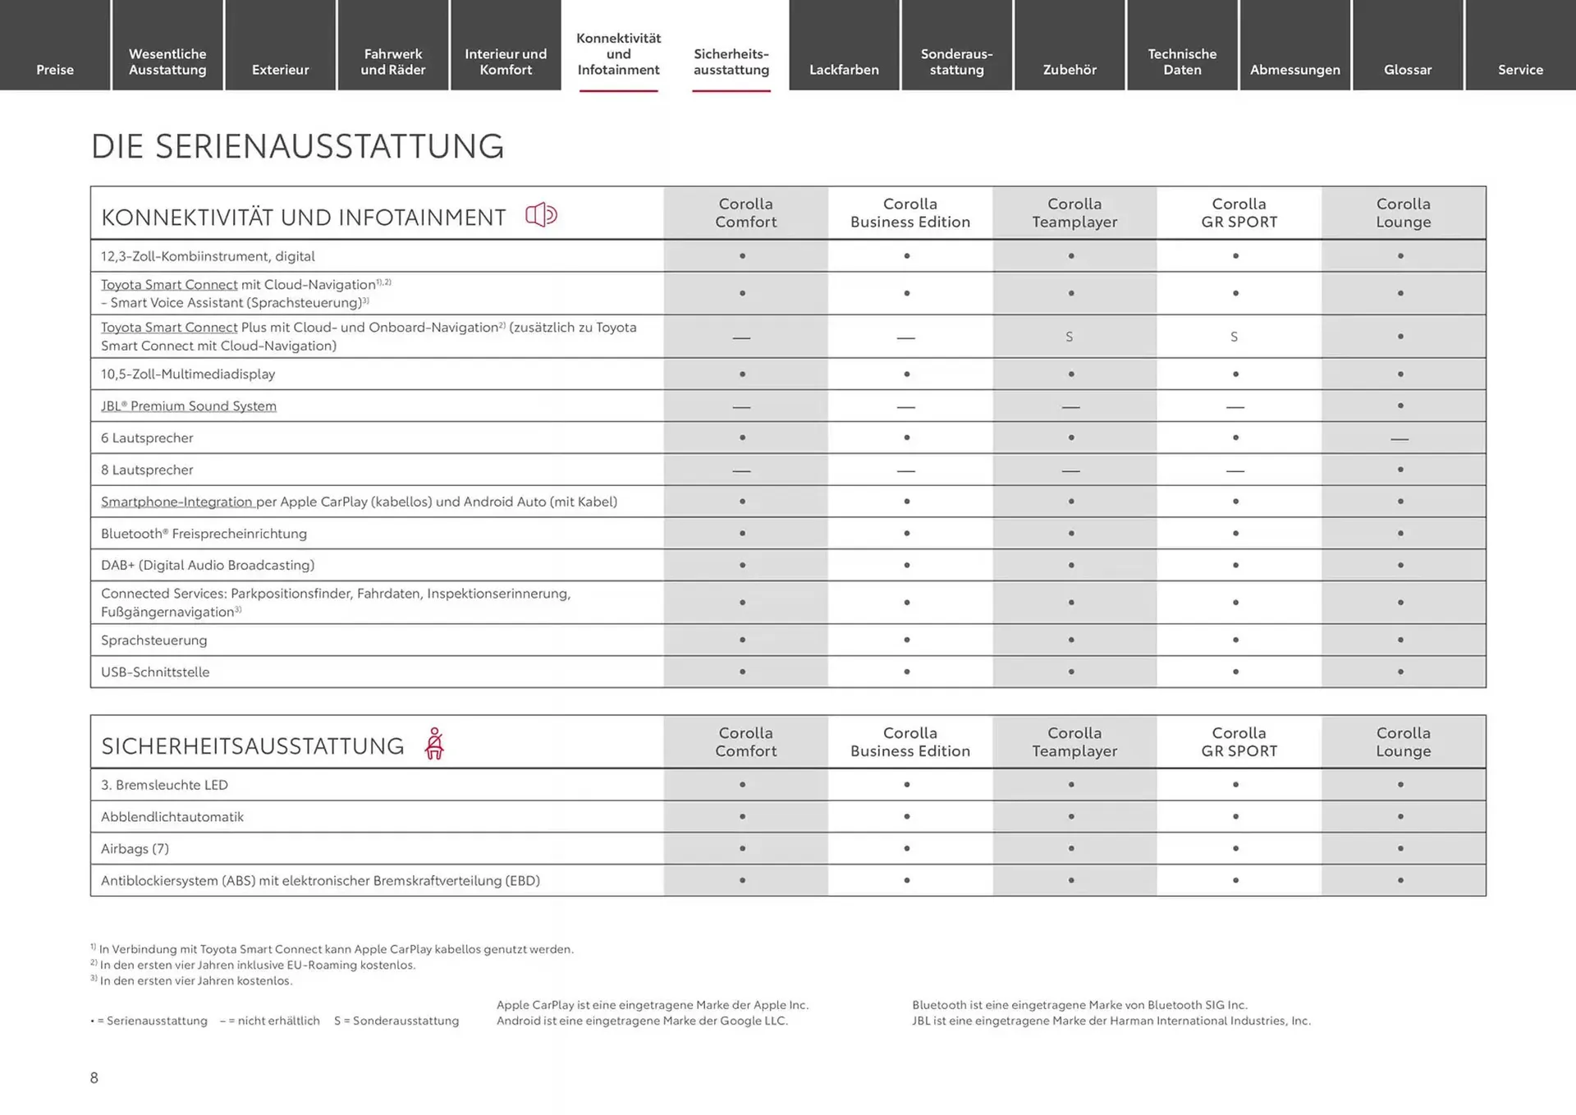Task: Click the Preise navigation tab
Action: [x=55, y=69]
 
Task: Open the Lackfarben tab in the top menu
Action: [x=844, y=69]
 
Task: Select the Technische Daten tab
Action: [x=1182, y=62]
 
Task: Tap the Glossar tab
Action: [x=1408, y=69]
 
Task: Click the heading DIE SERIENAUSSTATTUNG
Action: [x=297, y=146]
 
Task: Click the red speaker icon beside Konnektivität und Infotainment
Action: [x=541, y=215]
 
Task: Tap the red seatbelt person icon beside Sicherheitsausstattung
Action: [x=434, y=744]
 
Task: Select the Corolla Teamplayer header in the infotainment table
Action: [x=1074, y=213]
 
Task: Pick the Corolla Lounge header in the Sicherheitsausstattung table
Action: [x=1403, y=741]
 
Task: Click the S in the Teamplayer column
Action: [x=1070, y=337]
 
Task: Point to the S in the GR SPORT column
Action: [x=1234, y=337]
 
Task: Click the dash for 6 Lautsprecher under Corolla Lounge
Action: [x=1400, y=439]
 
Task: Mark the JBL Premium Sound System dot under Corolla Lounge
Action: [x=1400, y=406]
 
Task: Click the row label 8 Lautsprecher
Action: [x=147, y=470]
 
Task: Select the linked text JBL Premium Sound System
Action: [x=189, y=406]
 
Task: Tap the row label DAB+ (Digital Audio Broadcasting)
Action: [x=208, y=565]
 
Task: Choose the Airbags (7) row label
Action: [x=135, y=848]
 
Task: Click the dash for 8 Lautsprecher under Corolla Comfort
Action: [x=741, y=470]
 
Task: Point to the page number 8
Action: [x=94, y=1077]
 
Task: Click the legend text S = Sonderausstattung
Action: [x=396, y=1021]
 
